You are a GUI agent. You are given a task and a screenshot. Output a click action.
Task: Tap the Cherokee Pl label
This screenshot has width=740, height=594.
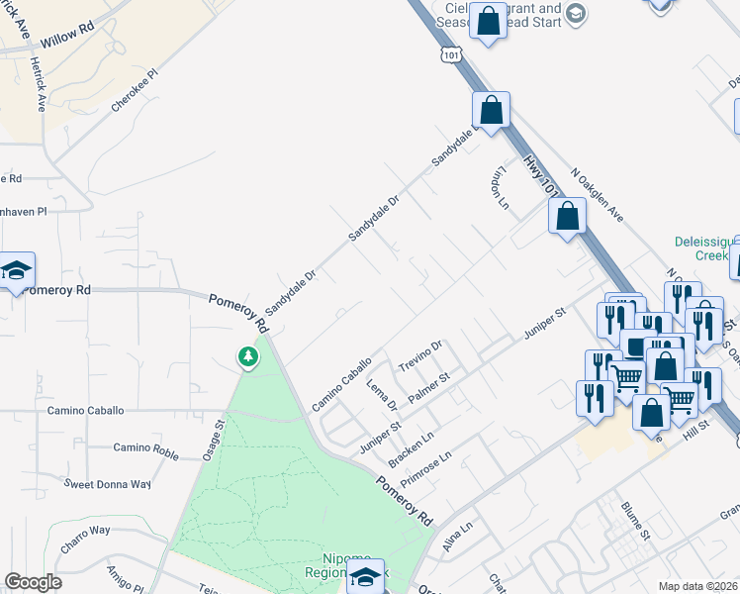point(136,91)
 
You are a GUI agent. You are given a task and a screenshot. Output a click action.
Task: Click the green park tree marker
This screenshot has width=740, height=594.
point(247,356)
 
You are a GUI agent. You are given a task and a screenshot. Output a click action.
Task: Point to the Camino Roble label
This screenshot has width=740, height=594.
point(145,447)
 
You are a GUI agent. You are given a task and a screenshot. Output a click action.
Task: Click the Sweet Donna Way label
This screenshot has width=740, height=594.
point(107,484)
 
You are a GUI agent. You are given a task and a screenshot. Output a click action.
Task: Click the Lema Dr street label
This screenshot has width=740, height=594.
point(381,393)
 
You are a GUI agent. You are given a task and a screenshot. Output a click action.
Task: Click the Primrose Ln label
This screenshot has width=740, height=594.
point(425,468)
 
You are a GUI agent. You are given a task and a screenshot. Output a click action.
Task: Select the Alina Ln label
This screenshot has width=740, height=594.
point(459,539)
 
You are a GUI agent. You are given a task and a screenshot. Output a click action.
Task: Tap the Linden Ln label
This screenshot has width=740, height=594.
point(497,187)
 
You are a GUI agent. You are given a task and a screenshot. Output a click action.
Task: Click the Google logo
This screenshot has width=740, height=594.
point(33,582)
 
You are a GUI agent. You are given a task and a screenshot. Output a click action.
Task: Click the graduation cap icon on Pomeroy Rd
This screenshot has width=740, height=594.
point(15,270)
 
